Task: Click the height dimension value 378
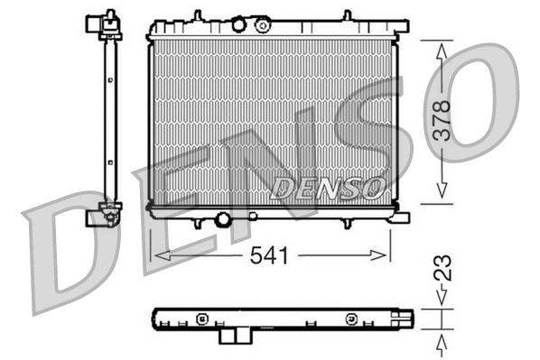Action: coord(442,118)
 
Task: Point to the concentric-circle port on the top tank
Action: coord(263,24)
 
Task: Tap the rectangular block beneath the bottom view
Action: coord(237,335)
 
